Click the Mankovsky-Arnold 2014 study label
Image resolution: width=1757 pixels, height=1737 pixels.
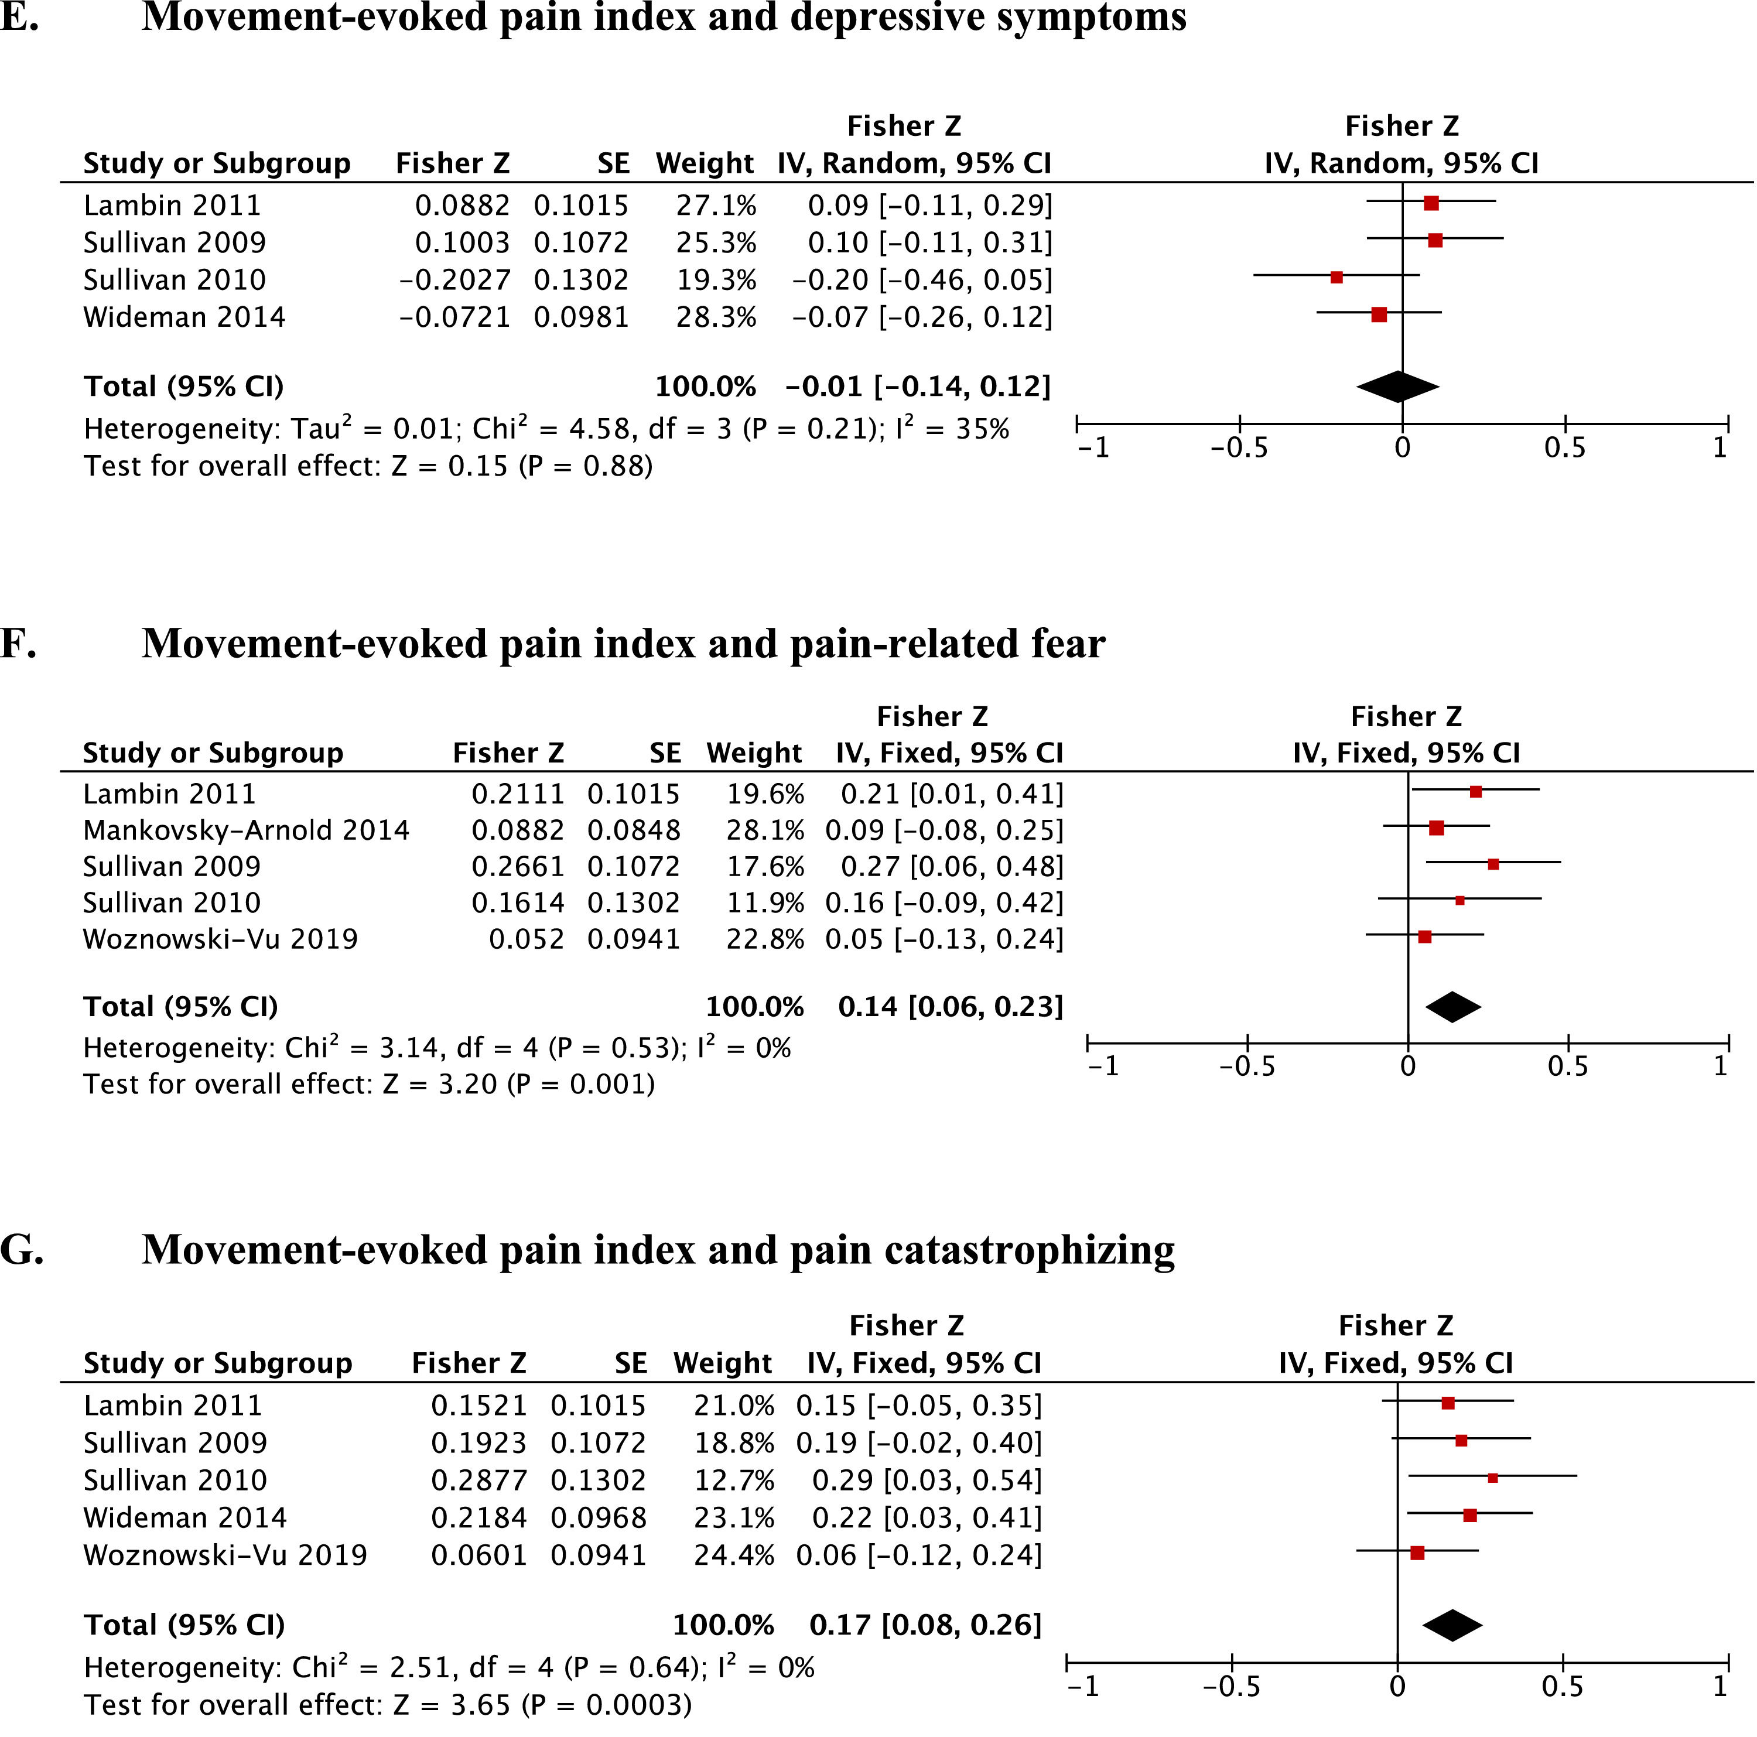(245, 830)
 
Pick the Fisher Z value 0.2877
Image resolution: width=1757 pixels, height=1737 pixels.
(478, 1480)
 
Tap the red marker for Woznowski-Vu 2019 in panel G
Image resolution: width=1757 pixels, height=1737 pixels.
(1417, 1553)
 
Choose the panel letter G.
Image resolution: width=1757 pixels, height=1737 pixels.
(21, 1250)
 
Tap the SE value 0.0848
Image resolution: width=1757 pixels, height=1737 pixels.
(633, 830)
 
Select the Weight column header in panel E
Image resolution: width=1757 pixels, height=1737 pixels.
(704, 164)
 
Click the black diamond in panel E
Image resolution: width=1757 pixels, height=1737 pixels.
(1398, 387)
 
